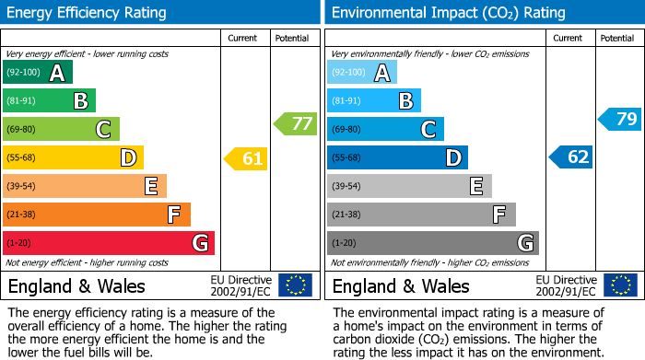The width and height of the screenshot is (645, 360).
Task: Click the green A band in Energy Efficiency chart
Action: tap(38, 73)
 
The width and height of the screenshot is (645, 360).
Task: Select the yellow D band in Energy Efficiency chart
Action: tap(73, 158)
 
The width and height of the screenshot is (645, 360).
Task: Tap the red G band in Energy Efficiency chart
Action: tap(109, 243)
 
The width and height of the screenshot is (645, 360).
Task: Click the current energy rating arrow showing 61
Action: tap(246, 158)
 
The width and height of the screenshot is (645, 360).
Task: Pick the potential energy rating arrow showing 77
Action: tap(295, 123)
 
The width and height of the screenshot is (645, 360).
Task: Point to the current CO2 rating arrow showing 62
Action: tap(571, 157)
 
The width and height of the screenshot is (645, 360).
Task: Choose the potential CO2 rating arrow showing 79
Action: tap(620, 119)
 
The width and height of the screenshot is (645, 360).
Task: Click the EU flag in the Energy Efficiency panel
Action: tap(295, 285)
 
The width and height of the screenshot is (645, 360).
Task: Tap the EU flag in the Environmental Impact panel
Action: tap(620, 285)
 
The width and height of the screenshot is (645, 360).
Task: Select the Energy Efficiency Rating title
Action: tap(88, 13)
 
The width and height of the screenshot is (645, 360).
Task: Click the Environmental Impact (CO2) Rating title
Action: tap(448, 13)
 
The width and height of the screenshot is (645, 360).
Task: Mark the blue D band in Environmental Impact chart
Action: tap(397, 158)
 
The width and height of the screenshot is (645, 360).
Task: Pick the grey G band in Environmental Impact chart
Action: tap(433, 243)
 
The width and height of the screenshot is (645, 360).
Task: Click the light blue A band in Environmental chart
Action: tap(362, 73)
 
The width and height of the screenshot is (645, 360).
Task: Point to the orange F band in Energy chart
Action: tap(97, 215)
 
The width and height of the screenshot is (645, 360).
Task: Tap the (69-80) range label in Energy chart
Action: tap(21, 130)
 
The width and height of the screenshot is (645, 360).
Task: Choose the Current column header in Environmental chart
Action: tap(569, 38)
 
